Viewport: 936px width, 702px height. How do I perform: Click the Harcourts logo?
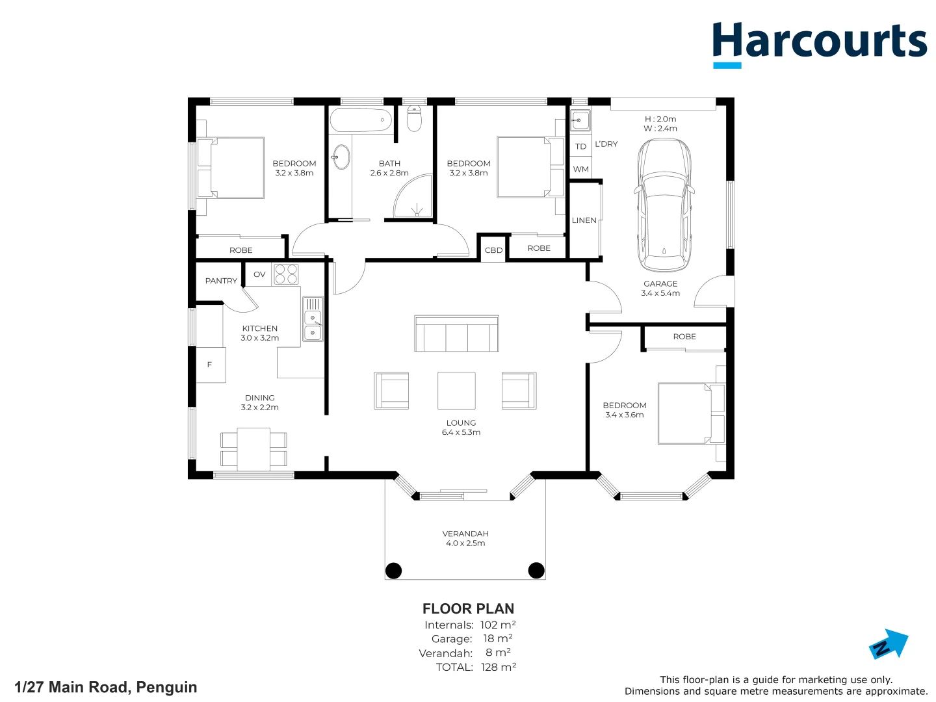[819, 45]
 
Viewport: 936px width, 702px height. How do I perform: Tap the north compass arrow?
[889, 644]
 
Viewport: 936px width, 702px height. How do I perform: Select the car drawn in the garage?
[663, 205]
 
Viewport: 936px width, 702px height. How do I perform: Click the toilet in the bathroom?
[414, 118]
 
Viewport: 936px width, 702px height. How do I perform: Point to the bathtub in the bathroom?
[361, 120]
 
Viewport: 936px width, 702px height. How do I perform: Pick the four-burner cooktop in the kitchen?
[286, 274]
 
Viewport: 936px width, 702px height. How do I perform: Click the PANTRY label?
[221, 281]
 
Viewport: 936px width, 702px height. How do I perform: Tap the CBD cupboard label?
[493, 250]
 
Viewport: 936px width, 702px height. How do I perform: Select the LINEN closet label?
[584, 220]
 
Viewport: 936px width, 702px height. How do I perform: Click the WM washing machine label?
[581, 169]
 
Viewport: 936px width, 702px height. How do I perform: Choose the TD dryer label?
[580, 147]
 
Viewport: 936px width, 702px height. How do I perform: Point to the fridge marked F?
[211, 365]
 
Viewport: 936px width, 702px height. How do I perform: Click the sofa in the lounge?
[456, 333]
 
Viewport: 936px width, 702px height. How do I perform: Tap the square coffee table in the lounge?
[456, 391]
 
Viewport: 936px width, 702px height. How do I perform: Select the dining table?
[253, 449]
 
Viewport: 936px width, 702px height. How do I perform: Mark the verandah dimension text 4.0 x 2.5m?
[465, 543]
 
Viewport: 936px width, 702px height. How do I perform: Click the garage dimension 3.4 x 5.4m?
[660, 293]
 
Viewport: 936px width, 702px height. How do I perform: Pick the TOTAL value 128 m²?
[499, 667]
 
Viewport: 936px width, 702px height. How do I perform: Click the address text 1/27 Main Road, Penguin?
[106, 687]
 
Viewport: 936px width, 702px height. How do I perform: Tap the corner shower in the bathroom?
[412, 196]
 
